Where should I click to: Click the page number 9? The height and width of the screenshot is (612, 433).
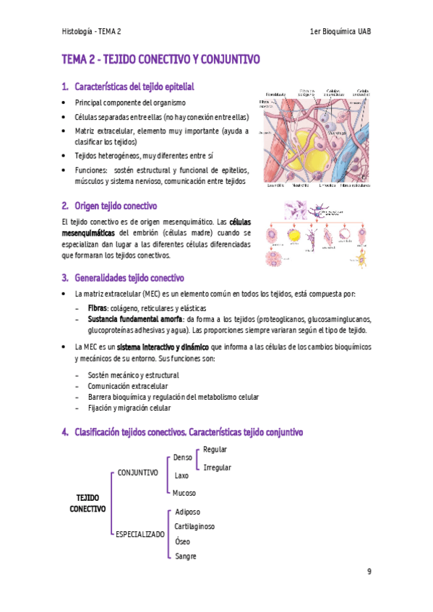[369, 572]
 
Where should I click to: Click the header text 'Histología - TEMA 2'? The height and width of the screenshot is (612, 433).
[92, 32]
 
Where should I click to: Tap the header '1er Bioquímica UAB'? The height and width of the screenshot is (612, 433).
[340, 32]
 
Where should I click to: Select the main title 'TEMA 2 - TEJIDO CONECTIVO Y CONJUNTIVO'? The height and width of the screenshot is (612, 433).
[160, 59]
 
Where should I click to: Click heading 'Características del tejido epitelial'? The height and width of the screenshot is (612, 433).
[134, 87]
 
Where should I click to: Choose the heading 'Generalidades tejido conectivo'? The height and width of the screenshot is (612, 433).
[129, 278]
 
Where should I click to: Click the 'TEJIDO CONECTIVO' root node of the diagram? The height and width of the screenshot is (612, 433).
[87, 503]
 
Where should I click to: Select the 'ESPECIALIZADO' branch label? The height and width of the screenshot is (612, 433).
[140, 535]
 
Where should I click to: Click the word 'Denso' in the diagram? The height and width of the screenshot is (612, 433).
[183, 458]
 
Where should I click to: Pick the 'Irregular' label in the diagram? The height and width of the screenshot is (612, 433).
[217, 468]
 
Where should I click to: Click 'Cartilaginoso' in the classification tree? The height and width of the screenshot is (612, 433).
[194, 526]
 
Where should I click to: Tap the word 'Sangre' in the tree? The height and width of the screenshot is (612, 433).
[186, 556]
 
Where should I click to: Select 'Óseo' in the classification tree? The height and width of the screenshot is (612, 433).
[182, 541]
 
